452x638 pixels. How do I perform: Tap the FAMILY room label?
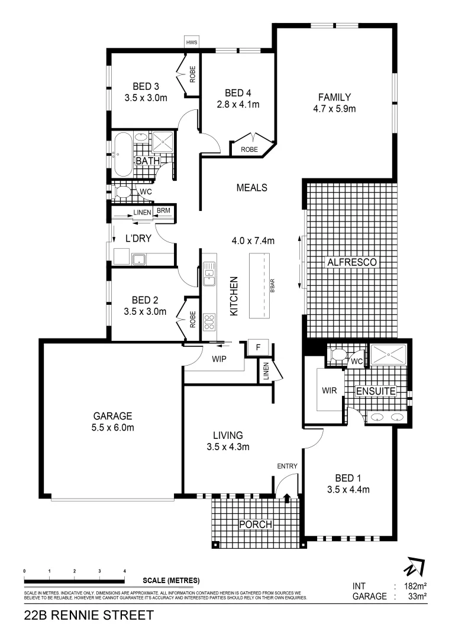tap(334, 97)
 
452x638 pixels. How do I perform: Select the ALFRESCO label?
tap(350, 261)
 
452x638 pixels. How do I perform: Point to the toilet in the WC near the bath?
tap(123, 192)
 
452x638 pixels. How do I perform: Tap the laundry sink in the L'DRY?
tap(140, 258)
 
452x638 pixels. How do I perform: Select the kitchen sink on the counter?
tap(209, 272)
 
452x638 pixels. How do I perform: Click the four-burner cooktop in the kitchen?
tap(209, 321)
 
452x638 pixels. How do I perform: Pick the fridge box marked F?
tap(258, 347)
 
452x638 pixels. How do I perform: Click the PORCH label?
tap(256, 525)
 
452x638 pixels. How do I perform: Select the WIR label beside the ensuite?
tap(330, 390)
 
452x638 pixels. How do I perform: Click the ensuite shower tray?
tap(388, 355)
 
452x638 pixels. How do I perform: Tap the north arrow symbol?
tap(412, 568)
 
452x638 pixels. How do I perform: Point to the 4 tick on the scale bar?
tap(125, 572)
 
